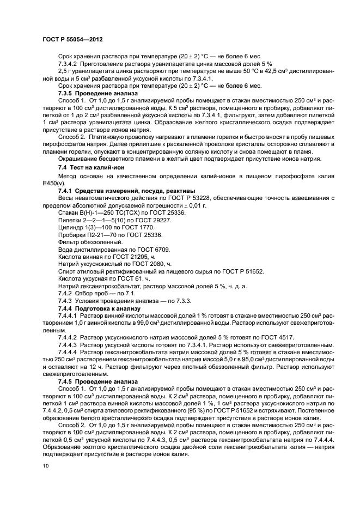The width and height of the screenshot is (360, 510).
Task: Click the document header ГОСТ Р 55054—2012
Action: [x=72, y=40]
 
